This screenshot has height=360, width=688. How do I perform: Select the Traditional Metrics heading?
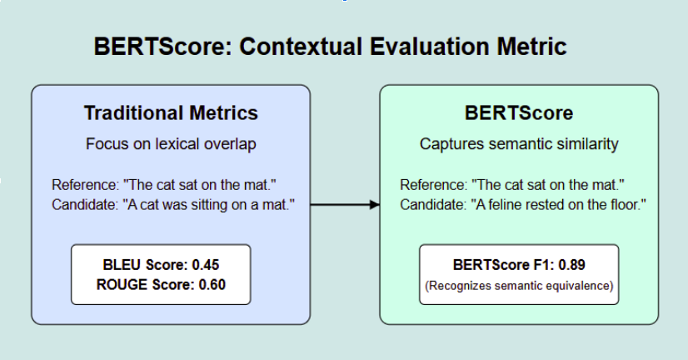[x=171, y=112]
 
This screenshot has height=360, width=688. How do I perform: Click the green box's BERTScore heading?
[x=518, y=112]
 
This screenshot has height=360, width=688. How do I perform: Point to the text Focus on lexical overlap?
[x=171, y=144]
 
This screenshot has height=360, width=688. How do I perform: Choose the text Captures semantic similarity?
[x=519, y=144]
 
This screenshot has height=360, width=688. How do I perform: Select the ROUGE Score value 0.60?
[x=212, y=284]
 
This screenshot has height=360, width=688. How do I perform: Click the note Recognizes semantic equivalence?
[x=519, y=286]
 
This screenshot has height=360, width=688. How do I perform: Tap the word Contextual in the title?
[x=303, y=47]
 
